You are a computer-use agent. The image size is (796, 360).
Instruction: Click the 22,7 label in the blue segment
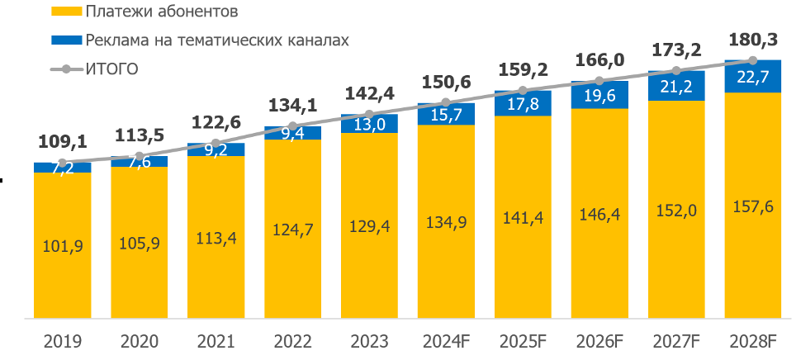click(x=753, y=77)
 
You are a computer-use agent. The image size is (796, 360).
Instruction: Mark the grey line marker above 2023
click(x=369, y=114)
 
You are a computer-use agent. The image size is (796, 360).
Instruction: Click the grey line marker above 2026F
click(x=599, y=81)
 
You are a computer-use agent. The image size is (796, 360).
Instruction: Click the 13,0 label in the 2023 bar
click(x=369, y=124)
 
